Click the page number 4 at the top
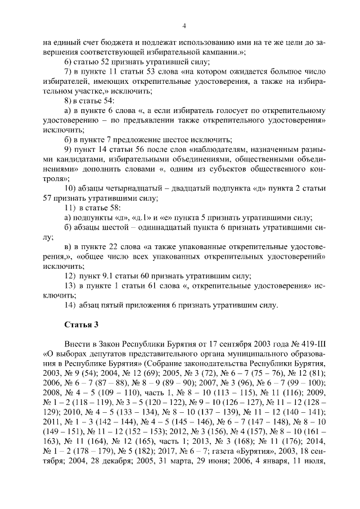click(x=183, y=25)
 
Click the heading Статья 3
click(x=82, y=324)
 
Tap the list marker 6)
click(x=70, y=61)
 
